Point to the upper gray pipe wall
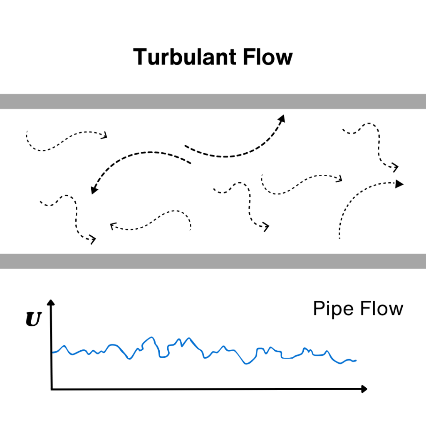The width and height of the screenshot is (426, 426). (213, 101)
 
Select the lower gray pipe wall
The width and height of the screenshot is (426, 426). (213, 261)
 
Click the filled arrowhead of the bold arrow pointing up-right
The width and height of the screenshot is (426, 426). (282, 119)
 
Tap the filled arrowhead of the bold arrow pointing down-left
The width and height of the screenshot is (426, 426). (94, 191)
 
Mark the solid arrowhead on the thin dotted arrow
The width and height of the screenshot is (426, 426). (399, 183)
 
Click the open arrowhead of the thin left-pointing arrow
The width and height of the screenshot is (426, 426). (112, 226)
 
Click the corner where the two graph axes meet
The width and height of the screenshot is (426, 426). (51, 389)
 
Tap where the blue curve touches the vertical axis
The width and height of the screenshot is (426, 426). (52, 352)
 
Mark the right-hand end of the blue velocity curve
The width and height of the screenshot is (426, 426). (356, 360)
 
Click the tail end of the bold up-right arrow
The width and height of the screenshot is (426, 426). (186, 146)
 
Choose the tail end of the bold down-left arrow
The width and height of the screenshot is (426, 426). (190, 163)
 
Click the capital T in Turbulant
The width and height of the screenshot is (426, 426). (141, 57)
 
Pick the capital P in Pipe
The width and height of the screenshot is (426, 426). (318, 309)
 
